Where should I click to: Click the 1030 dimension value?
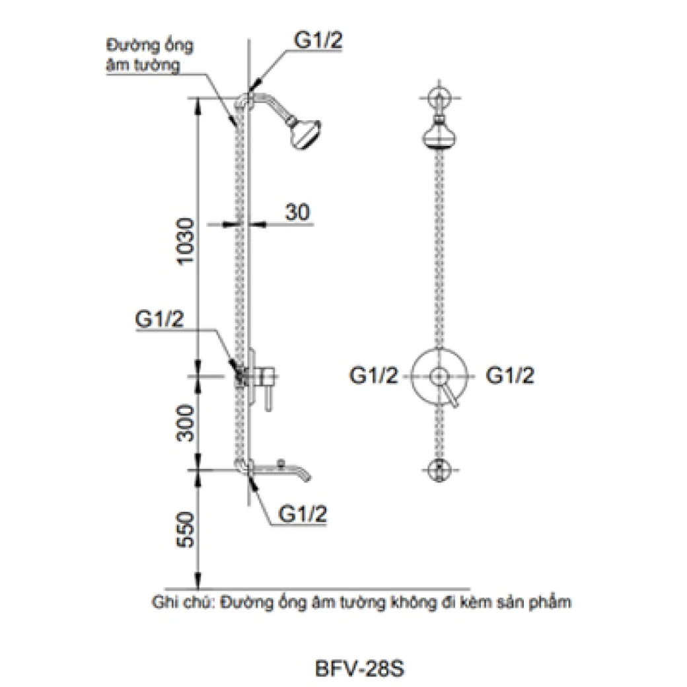pos(186,240)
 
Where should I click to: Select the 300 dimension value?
pos(186,423)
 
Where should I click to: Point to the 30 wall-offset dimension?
pos(297,212)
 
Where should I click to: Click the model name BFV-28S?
pos(359,669)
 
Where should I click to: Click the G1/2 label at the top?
pos(318,40)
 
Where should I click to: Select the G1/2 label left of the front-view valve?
pos(374,375)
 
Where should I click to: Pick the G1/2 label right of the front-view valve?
pos(510,375)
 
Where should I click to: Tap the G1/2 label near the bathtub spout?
pos(303,513)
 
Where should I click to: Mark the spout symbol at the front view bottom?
pos(439,470)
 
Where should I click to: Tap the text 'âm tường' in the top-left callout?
pos(143,65)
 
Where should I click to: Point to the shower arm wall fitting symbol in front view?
pos(439,98)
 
